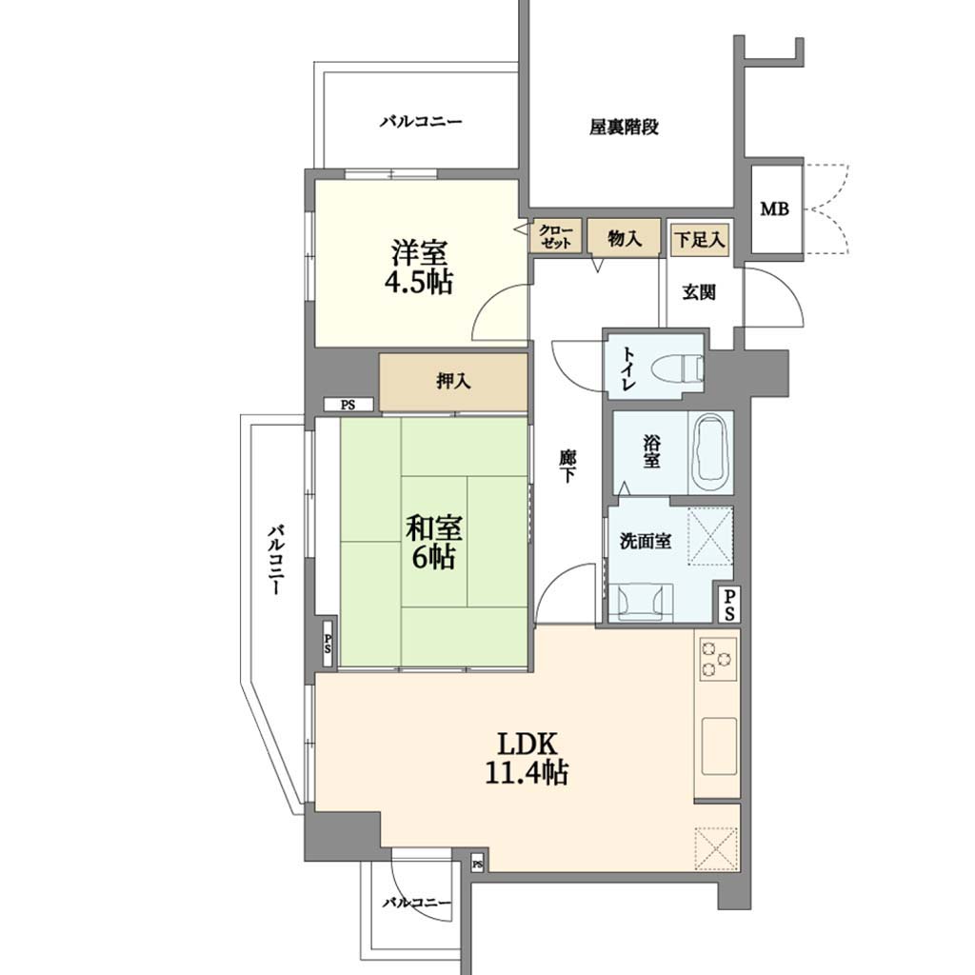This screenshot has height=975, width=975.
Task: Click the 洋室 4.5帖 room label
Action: pos(419,267)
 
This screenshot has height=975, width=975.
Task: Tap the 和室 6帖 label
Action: pos(434,542)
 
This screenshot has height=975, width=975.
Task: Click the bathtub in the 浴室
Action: pos(710,452)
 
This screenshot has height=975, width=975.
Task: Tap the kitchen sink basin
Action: pos(720,746)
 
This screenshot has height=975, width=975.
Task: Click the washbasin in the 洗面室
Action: pos(641,602)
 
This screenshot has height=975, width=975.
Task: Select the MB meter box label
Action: pos(775,209)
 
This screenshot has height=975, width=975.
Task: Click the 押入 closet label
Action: pos(453,381)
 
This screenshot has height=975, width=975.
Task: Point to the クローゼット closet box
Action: pos(555,235)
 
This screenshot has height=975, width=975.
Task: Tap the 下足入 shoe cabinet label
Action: pos(700,239)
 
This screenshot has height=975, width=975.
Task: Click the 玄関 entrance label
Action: pos(699,291)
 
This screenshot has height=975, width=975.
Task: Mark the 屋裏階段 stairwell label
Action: pos(624,127)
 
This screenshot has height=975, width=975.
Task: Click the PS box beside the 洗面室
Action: pos(729,605)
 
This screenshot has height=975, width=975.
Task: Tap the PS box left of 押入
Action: pos(348,405)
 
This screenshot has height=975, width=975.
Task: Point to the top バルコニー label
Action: pos(421,121)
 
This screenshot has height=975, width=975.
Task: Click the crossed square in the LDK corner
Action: pos(716,848)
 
